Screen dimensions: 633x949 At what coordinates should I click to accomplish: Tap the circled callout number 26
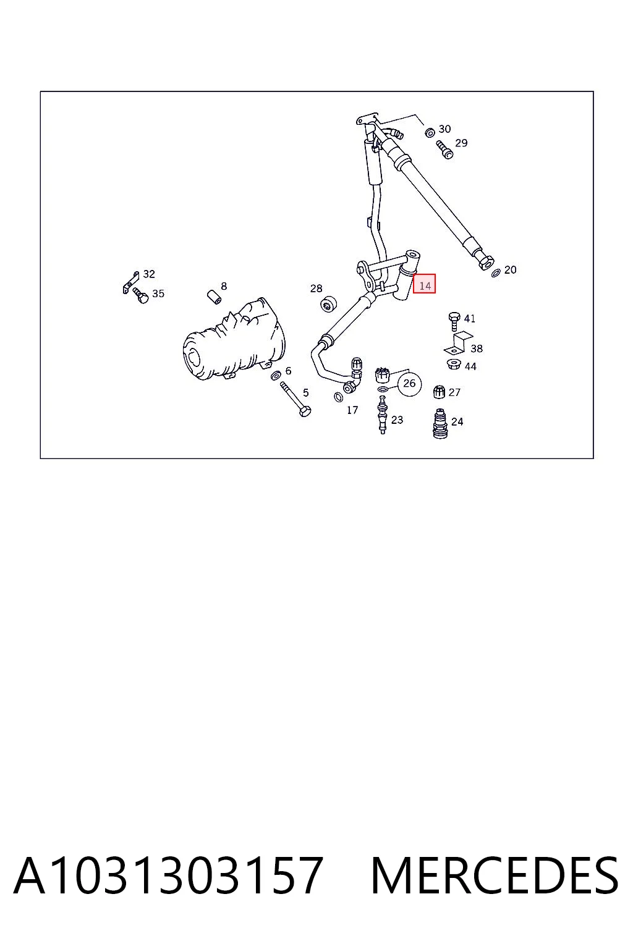click(x=409, y=384)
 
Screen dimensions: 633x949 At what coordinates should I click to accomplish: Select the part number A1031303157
click(x=168, y=875)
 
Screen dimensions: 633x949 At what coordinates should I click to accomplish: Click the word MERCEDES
click(x=495, y=875)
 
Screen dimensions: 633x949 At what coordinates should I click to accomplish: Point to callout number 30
click(x=444, y=129)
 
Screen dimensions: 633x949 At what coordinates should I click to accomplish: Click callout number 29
click(x=461, y=143)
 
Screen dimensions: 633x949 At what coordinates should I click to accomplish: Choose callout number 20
click(x=511, y=269)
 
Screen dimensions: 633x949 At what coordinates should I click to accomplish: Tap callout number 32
click(x=149, y=274)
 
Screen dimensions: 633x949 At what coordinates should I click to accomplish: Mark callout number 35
click(x=158, y=293)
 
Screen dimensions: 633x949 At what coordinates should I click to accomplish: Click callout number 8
click(x=224, y=286)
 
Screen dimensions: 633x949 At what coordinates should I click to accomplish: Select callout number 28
click(x=316, y=289)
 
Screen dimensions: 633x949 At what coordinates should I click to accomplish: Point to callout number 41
click(x=469, y=318)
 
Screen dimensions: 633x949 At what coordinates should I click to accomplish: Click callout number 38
click(x=477, y=348)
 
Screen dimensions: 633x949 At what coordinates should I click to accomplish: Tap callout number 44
click(x=470, y=366)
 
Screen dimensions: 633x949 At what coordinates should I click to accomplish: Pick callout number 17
click(x=352, y=410)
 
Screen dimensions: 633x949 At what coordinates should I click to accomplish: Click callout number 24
click(x=457, y=421)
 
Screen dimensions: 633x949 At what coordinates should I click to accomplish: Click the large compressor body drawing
click(x=234, y=339)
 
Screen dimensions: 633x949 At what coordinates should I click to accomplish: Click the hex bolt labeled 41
click(x=454, y=321)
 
